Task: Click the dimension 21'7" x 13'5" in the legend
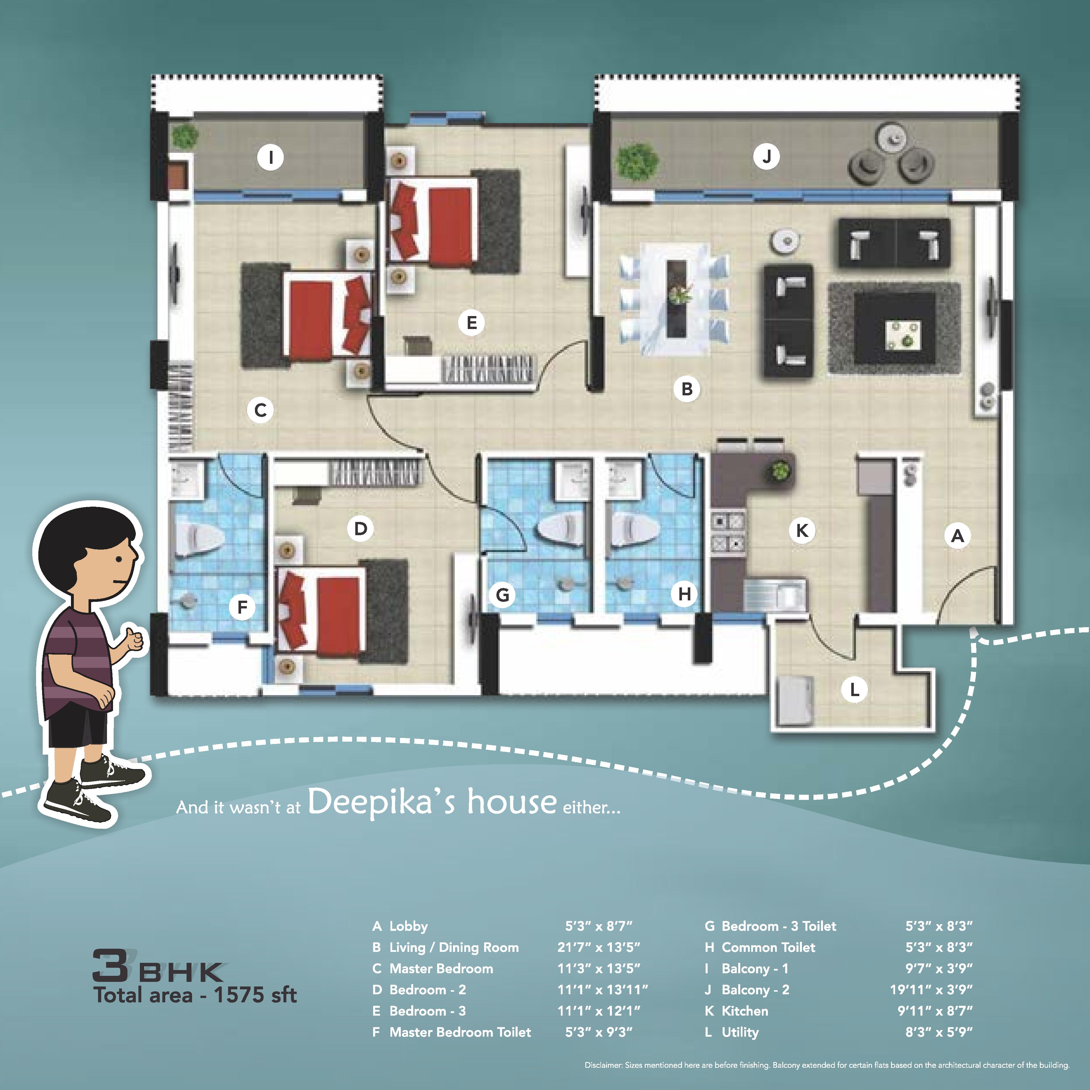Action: coord(599,947)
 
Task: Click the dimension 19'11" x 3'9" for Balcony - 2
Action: coord(931,990)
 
